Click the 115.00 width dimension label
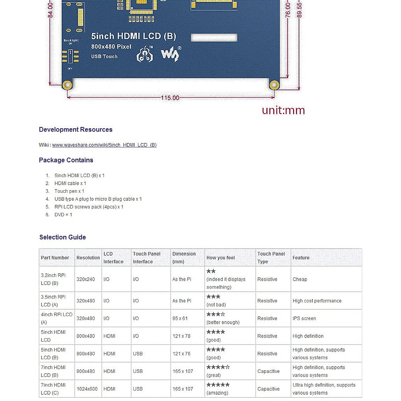coord(170,98)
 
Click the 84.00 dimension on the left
coord(50,10)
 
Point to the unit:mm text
coord(283,110)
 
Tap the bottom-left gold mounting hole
coord(68,85)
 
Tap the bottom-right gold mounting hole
coord(274,85)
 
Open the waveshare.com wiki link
coord(104,145)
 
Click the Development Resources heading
coord(76,130)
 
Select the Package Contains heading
coord(66,160)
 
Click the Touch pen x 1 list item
coord(69,191)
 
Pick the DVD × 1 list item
coord(63,215)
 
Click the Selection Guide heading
coord(62,237)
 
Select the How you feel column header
coord(221,258)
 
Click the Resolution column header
coord(88,258)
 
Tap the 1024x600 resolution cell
coord(87,389)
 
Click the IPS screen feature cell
coord(304,318)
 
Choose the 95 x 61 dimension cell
coord(180,318)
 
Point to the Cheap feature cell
coord(300,279)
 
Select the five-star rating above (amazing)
coord(218,385)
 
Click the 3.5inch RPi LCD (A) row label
coord(53,301)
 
